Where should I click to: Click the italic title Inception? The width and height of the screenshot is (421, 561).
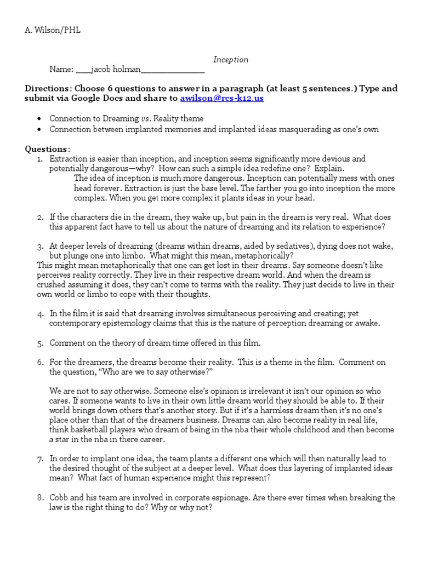click(x=230, y=60)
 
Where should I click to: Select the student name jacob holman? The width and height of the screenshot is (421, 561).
click(x=113, y=70)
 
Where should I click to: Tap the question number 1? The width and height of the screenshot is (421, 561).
click(x=39, y=159)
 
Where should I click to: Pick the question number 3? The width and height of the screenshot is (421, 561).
click(x=40, y=246)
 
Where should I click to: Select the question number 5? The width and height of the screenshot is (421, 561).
click(x=40, y=344)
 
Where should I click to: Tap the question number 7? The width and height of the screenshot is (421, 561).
click(x=40, y=459)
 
